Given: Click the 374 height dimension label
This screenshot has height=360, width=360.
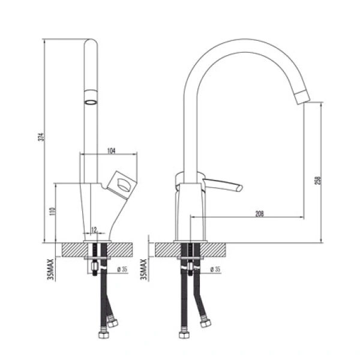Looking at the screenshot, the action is click(41, 137).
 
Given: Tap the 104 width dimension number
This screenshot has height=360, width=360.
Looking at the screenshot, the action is click(112, 151).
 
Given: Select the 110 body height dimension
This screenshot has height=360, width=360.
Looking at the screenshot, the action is click(53, 211).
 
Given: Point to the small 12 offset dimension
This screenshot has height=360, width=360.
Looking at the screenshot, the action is click(94, 229).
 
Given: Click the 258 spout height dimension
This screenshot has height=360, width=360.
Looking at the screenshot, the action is click(318, 181).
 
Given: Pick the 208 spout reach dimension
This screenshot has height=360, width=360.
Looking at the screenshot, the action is click(260, 214).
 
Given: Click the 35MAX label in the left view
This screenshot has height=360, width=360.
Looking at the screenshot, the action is click(50, 269).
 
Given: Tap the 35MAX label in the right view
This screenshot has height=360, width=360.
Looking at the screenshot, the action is click(143, 269).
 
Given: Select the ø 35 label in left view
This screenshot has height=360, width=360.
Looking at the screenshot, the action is click(122, 269).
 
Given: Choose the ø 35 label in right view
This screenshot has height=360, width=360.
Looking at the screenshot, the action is click(215, 269).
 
